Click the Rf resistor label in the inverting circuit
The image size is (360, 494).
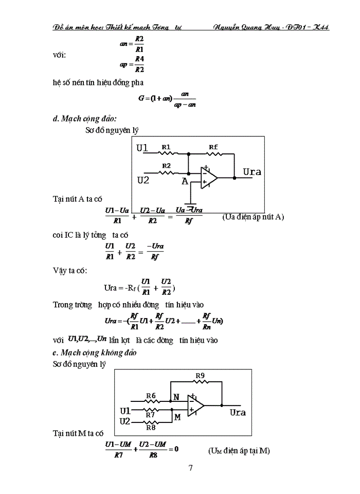tap(213, 147)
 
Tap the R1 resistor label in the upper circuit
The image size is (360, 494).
tap(166, 147)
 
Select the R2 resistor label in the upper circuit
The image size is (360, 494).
tap(166, 166)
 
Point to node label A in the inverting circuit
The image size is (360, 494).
tap(184, 181)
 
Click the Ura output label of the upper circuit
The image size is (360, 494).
tap(252, 172)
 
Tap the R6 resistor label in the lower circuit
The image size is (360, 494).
tap(151, 395)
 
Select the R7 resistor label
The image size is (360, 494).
tap(150, 414)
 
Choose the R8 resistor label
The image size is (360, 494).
tap(151, 427)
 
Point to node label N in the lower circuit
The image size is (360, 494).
tap(176, 397)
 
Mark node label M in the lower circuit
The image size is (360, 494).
tap(177, 417)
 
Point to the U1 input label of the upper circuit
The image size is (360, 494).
tap(142, 148)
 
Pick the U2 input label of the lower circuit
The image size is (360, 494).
tap(125, 421)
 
